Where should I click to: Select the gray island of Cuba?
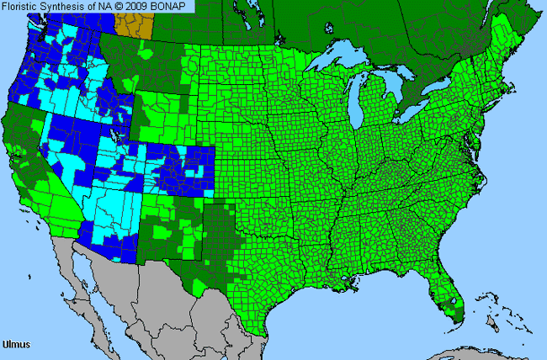point(471,352)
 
